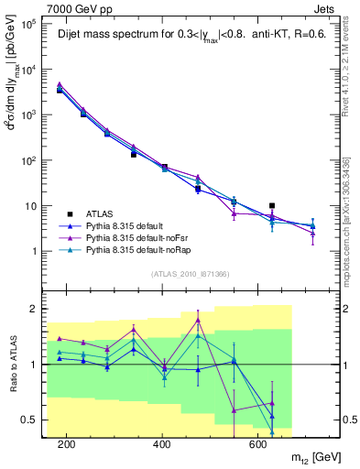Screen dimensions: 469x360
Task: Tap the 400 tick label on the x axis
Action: tap(162, 445)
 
